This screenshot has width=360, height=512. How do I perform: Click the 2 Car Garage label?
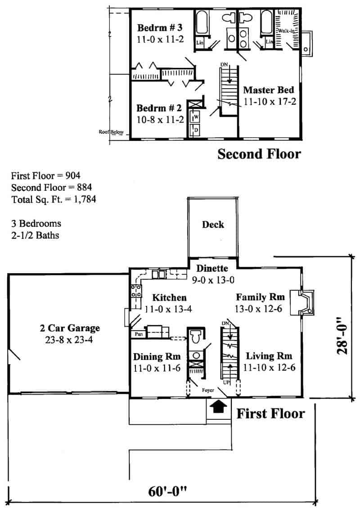[x=70, y=328]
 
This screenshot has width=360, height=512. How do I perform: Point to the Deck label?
[x=213, y=224]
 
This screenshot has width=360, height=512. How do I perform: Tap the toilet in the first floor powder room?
[x=196, y=337]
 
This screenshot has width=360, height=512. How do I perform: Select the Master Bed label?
[x=269, y=90]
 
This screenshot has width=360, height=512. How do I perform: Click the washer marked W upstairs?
[x=196, y=117]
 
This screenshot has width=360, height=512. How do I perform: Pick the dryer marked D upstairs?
[x=196, y=130]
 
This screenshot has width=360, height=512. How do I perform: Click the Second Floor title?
[x=259, y=154]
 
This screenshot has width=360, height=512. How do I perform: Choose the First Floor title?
[x=270, y=413]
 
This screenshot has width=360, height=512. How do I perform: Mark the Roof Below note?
[x=108, y=132]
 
